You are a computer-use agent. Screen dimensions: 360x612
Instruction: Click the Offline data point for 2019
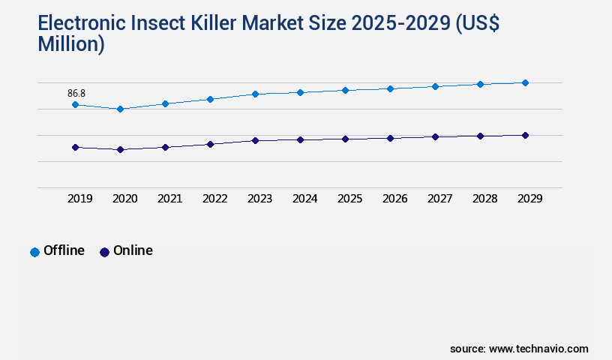pos(75,104)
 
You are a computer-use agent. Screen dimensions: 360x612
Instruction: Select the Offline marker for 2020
pos(120,109)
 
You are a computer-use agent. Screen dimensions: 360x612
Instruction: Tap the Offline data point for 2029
pos(525,82)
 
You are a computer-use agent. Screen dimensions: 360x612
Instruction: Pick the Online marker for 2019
pos(75,147)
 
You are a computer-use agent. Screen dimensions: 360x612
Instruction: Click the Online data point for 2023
pos(255,140)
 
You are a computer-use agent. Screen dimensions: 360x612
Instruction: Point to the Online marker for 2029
pos(525,135)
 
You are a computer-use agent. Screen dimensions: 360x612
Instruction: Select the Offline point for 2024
pos(300,92)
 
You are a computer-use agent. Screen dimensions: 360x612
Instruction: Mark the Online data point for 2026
pos(390,138)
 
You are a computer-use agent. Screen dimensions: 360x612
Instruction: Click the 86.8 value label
pos(76,93)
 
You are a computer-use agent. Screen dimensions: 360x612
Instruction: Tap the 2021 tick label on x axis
pos(169,199)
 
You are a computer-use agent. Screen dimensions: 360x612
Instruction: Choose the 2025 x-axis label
pos(349,199)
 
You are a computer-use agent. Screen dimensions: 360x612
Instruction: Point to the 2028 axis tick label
pos(484,199)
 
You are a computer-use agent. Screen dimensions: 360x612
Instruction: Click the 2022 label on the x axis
pos(214,199)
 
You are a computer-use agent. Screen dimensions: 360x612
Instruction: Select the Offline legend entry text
pos(64,250)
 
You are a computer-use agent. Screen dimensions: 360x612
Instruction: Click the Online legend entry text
pos(133,250)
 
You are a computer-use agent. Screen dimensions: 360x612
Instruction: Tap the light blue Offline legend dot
pos(34,252)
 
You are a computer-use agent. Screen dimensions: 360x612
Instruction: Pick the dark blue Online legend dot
pos(104,252)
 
